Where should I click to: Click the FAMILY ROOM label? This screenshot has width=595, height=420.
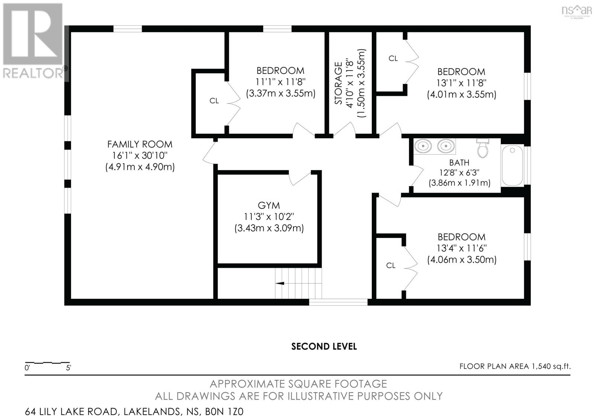[x=140, y=144]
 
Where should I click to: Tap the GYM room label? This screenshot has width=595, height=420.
[x=269, y=205]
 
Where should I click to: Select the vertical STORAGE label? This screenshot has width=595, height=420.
[x=338, y=83]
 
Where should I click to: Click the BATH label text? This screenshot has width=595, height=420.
[x=459, y=162]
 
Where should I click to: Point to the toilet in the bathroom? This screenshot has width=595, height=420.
[x=482, y=149]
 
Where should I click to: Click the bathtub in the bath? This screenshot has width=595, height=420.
[x=512, y=166]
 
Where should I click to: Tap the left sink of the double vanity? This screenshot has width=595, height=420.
[x=423, y=146]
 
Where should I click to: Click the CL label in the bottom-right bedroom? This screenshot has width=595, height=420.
[x=391, y=265]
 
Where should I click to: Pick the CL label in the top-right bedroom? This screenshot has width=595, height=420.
[x=393, y=58]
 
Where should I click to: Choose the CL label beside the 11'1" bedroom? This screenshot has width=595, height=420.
[x=214, y=101]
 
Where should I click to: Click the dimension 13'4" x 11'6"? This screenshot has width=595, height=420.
[x=461, y=248]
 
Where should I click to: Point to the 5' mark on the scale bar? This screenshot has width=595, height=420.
[x=68, y=368]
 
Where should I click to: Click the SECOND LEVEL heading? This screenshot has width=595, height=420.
[x=324, y=346]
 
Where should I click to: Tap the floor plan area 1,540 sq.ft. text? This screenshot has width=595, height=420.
[x=515, y=366]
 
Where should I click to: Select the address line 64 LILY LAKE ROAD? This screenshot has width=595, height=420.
[x=134, y=412]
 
